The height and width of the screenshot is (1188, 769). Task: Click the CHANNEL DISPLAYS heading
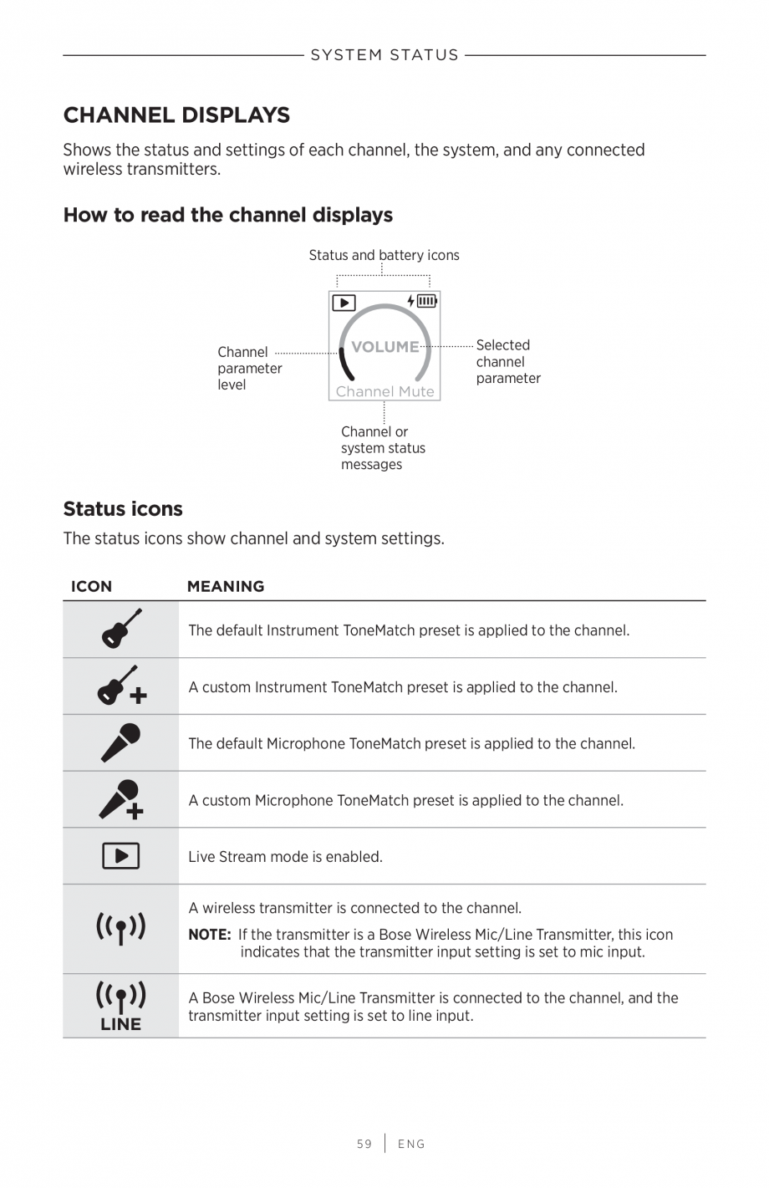click(176, 115)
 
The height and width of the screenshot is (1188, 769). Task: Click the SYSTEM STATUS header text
click(384, 55)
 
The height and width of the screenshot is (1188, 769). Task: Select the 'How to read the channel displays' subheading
click(227, 215)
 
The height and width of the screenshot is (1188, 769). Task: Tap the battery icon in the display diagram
click(426, 301)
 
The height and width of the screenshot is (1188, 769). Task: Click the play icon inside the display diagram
click(344, 303)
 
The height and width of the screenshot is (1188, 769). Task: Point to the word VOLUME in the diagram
click(384, 347)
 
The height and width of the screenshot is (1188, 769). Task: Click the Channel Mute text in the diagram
click(384, 391)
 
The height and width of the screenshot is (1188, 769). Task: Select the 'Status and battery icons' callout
click(384, 255)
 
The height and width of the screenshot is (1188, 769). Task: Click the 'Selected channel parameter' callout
click(507, 361)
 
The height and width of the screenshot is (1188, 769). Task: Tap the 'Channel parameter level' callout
click(249, 368)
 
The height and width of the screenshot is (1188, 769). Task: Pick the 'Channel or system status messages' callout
click(383, 448)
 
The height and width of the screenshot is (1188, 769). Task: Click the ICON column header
click(91, 586)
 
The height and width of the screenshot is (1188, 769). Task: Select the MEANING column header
click(226, 586)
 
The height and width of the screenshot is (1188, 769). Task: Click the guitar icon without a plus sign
click(121, 629)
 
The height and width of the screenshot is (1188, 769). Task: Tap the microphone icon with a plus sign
click(121, 799)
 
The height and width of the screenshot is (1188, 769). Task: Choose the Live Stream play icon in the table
click(121, 856)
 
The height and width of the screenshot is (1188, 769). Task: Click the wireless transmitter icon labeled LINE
click(121, 1006)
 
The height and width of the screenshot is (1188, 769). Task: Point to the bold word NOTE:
click(209, 935)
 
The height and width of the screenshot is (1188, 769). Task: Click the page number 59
click(364, 1144)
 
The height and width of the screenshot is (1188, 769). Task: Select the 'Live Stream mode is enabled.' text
click(285, 857)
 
